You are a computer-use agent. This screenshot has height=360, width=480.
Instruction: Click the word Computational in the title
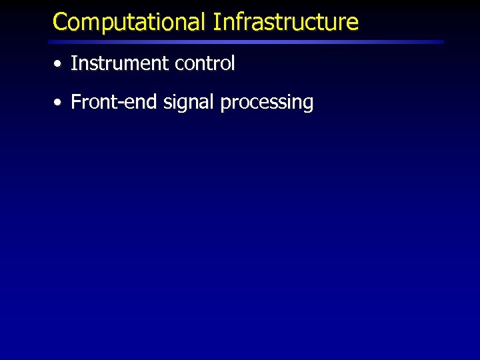pyautogui.click(x=129, y=22)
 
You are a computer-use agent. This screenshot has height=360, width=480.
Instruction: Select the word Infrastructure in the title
pyautogui.click(x=285, y=22)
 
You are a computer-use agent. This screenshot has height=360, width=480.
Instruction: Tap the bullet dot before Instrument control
pyautogui.click(x=59, y=65)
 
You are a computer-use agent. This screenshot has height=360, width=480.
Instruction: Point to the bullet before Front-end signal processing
pyautogui.click(x=59, y=103)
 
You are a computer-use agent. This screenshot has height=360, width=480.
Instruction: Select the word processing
pyautogui.click(x=267, y=103)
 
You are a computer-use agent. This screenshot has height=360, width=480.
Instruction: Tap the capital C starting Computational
pyautogui.click(x=60, y=22)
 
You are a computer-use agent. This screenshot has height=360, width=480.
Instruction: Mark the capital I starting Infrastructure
pyautogui.click(x=216, y=22)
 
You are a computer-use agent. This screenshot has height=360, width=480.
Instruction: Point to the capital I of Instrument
pyautogui.click(x=73, y=64)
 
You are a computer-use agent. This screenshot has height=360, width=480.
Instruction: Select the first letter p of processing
pyautogui.click(x=225, y=105)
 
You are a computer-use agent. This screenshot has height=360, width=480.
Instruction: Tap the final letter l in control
pyautogui.click(x=233, y=63)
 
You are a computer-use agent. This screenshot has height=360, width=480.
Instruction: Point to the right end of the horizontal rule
pyautogui.click(x=442, y=41)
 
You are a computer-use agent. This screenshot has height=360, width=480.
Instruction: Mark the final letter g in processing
pyautogui.click(x=308, y=105)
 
